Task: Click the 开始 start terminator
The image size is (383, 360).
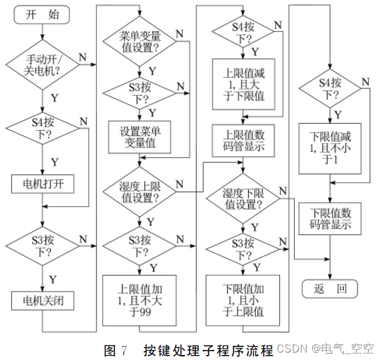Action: pos(42,16)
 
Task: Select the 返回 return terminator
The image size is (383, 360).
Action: pos(330,288)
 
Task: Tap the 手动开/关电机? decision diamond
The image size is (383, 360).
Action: pos(42,65)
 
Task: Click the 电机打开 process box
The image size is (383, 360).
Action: pos(42,185)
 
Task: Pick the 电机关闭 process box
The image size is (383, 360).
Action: pos(42,302)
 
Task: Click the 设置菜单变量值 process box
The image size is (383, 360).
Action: pos(141,137)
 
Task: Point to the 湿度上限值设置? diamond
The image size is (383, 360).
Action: pos(140,192)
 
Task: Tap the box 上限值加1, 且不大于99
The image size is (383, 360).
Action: pos(140,300)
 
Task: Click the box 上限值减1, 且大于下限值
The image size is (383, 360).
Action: pos(243,85)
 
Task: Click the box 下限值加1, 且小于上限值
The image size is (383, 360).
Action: pos(243,300)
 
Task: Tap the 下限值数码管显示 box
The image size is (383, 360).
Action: pos(330,218)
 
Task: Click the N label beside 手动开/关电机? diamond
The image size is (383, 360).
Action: pos(82,57)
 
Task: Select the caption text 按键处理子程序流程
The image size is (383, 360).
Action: pos(208,348)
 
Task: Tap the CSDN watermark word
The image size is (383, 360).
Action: pos(292,348)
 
